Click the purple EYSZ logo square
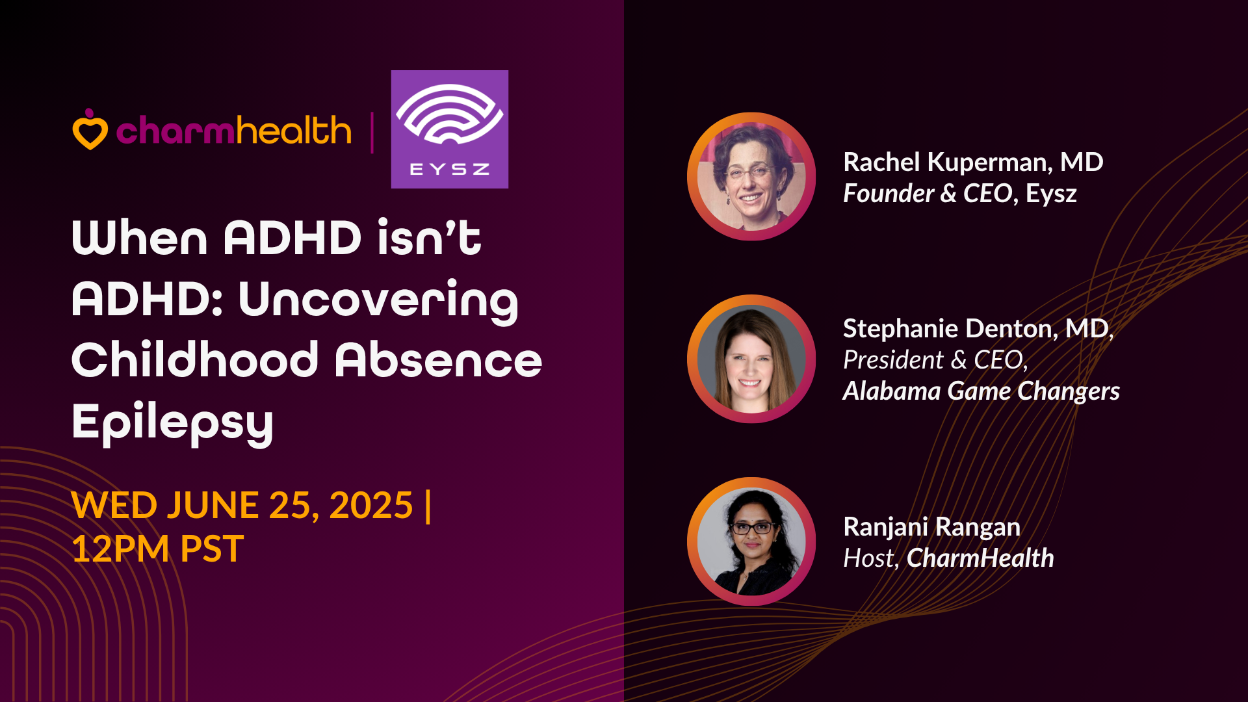coord(449,129)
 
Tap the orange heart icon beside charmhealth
coord(90,129)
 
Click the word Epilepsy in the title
coord(172,422)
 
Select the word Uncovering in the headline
coord(378,300)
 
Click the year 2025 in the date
coord(371,505)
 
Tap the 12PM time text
coord(120,549)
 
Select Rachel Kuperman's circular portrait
coord(751,176)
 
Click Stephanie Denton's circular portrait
coord(751,359)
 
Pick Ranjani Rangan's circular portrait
coord(751,541)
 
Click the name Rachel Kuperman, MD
coord(973,162)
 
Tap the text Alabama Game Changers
coord(981,391)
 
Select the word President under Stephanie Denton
coord(893,360)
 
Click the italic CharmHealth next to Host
coord(980,558)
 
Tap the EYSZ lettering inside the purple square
coord(449,170)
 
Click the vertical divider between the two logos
coord(372,133)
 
